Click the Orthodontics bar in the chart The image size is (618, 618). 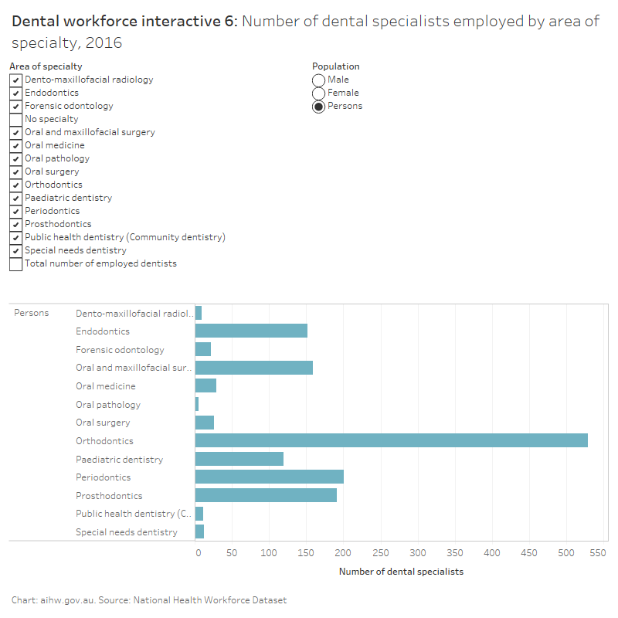click(391, 440)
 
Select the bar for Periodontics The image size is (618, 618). click(269, 477)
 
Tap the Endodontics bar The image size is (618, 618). click(251, 331)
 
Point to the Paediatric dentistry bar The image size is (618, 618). click(239, 459)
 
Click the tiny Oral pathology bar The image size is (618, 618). click(197, 404)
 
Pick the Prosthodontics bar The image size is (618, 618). click(266, 495)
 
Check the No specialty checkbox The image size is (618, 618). click(15, 119)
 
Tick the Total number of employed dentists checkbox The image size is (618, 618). click(15, 263)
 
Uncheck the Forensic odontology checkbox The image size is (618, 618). click(15, 106)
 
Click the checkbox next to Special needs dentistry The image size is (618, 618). click(15, 250)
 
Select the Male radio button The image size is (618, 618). click(318, 80)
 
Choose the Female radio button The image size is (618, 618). click(318, 93)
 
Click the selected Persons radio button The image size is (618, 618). click(318, 107)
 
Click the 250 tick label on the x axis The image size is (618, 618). click(381, 553)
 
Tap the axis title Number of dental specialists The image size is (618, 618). click(401, 572)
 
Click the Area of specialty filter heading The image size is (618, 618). click(46, 66)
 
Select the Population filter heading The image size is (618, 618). click(335, 66)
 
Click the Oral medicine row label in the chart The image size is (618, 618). click(105, 386)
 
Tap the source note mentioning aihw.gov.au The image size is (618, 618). click(149, 600)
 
